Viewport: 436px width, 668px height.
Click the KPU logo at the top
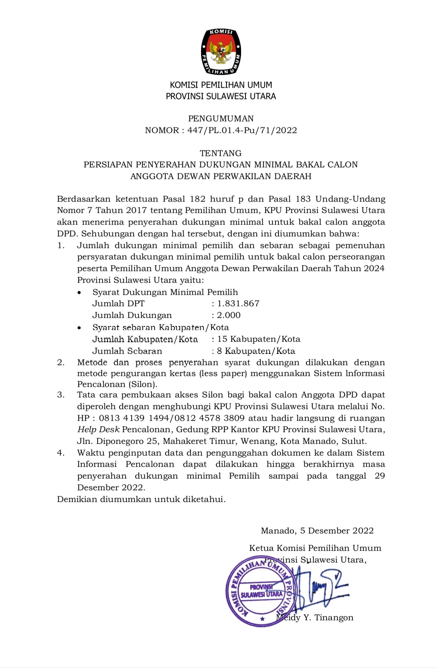221,52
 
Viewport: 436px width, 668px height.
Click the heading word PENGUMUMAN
221,119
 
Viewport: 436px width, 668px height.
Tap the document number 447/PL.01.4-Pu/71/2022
242,130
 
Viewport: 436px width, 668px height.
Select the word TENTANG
221,153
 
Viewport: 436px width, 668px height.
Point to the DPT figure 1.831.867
238,304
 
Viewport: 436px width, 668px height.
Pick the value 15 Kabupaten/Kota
259,339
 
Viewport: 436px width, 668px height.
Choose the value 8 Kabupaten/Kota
256,351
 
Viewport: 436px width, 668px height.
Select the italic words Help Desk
99,429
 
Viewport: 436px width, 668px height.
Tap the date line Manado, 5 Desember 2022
317,531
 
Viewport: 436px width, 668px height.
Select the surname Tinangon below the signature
334,618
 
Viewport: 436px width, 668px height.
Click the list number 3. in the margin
61,395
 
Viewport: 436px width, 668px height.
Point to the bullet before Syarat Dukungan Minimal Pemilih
80,292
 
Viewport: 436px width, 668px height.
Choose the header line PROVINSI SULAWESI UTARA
221,96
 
